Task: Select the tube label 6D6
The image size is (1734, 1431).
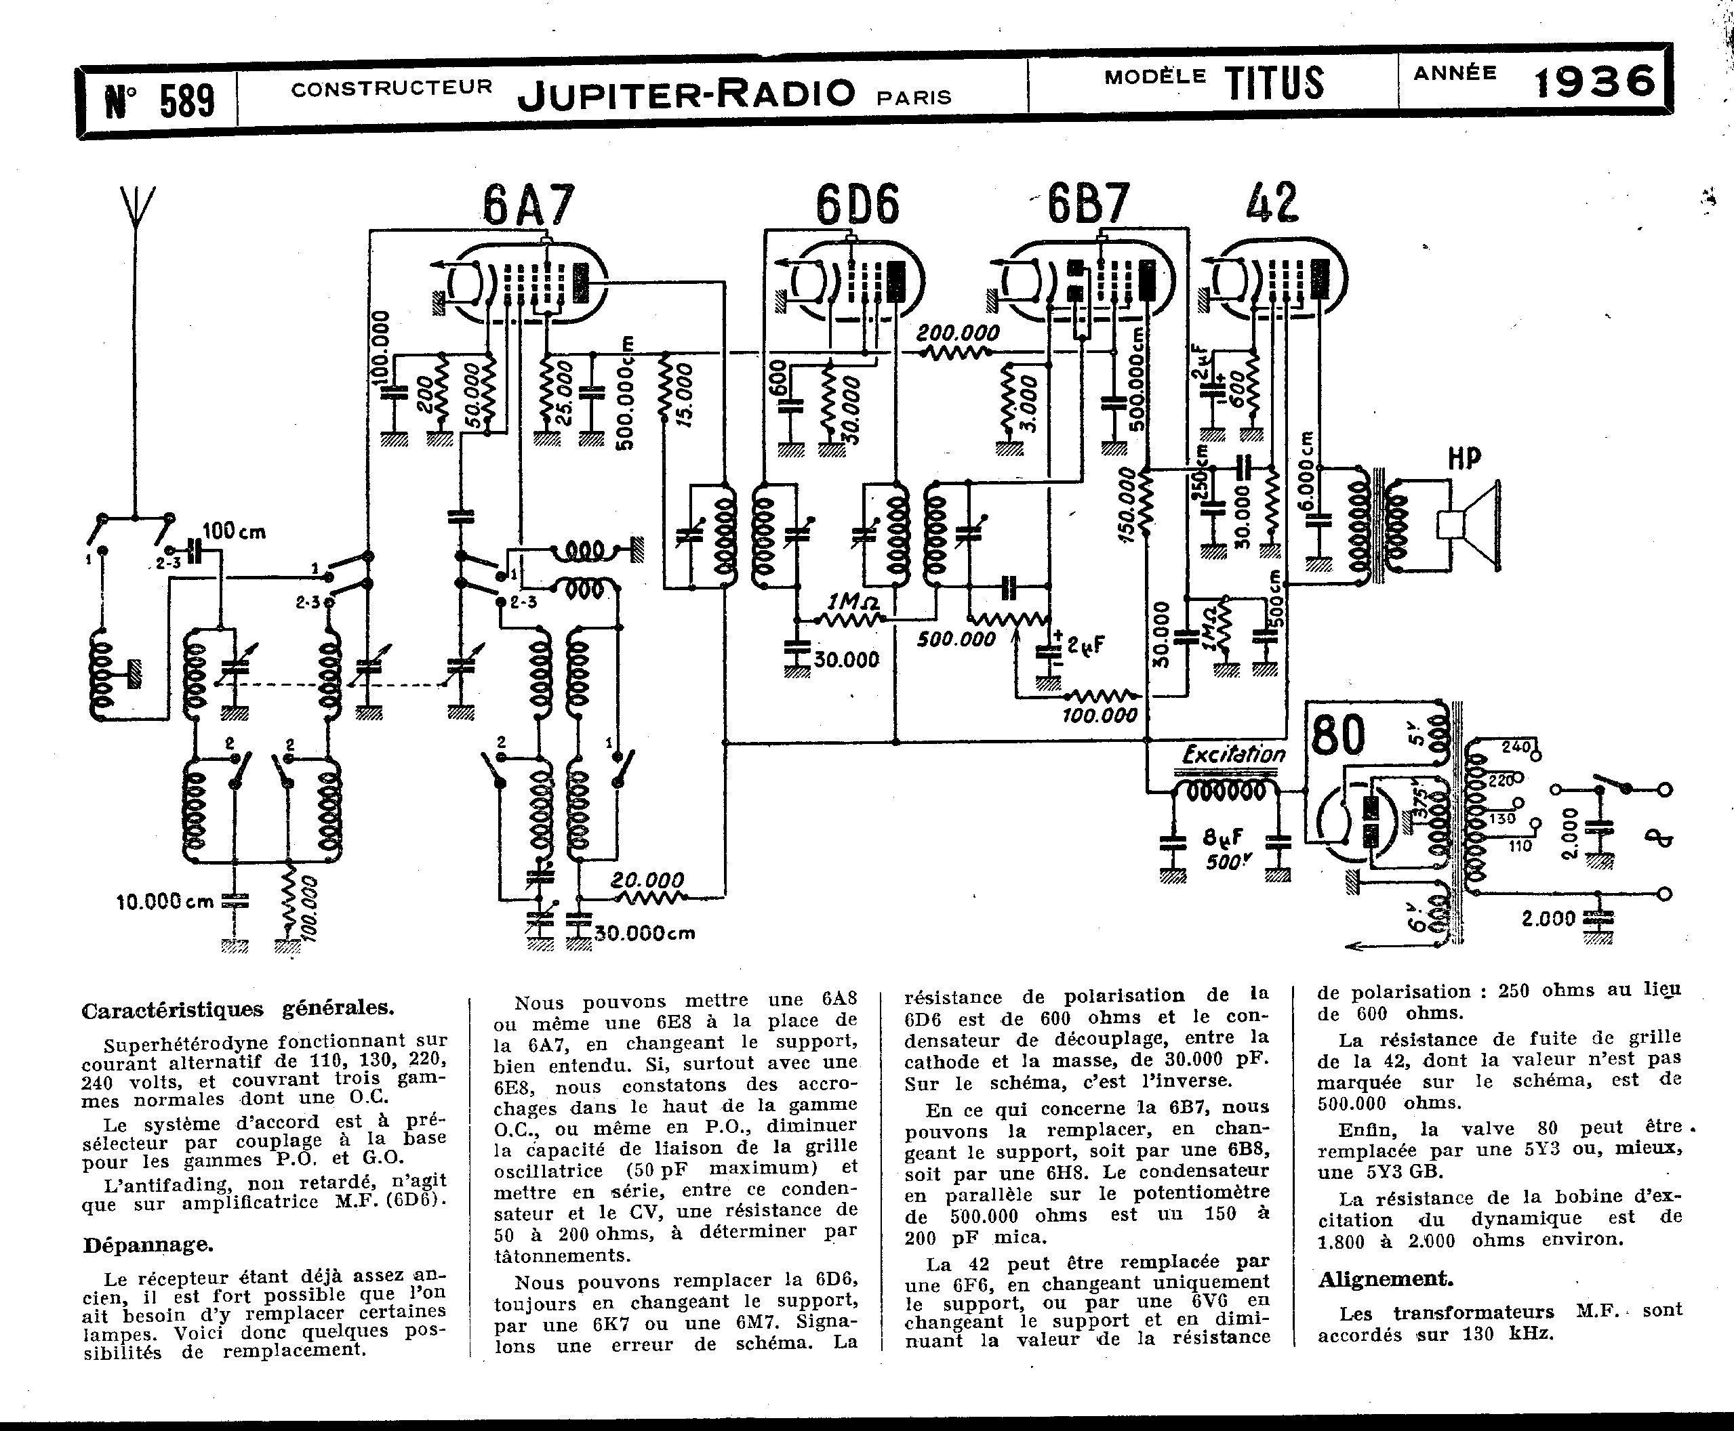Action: tap(858, 205)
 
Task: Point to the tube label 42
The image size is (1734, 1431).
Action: tap(1272, 202)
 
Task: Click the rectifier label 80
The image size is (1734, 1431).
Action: tap(1337, 735)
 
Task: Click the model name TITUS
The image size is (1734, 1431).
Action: tap(1274, 83)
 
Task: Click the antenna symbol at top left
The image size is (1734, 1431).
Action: tap(137, 213)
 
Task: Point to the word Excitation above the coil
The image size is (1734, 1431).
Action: tap(1234, 753)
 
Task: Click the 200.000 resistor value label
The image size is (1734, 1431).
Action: tap(958, 333)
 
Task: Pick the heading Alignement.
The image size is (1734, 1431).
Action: tap(1385, 1279)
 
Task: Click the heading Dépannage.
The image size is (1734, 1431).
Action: tap(148, 1245)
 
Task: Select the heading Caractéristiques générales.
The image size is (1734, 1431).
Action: tap(237, 1009)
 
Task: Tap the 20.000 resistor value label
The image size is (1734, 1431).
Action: tap(647, 880)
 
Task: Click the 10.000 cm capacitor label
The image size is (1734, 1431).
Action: tap(165, 901)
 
